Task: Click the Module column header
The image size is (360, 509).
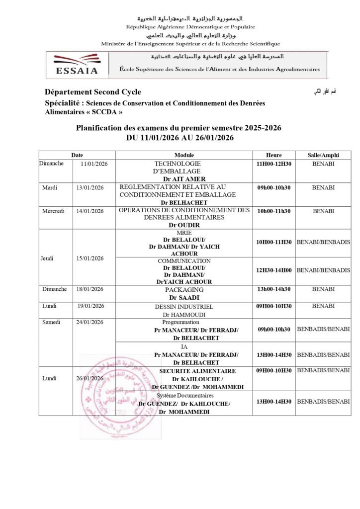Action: click(184, 155)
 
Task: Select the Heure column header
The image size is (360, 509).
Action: click(273, 155)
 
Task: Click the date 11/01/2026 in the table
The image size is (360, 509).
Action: click(94, 164)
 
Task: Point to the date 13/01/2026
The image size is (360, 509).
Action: click(90, 187)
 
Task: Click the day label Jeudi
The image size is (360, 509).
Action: click(48, 258)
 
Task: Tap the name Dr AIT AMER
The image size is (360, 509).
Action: click(184, 178)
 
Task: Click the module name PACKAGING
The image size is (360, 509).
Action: click(184, 289)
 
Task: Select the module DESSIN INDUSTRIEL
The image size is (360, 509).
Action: click(184, 307)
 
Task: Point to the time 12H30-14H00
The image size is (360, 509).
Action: click(273, 270)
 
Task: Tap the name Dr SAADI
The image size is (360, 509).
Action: click(184, 297)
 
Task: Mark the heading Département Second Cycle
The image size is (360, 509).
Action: click(92, 92)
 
